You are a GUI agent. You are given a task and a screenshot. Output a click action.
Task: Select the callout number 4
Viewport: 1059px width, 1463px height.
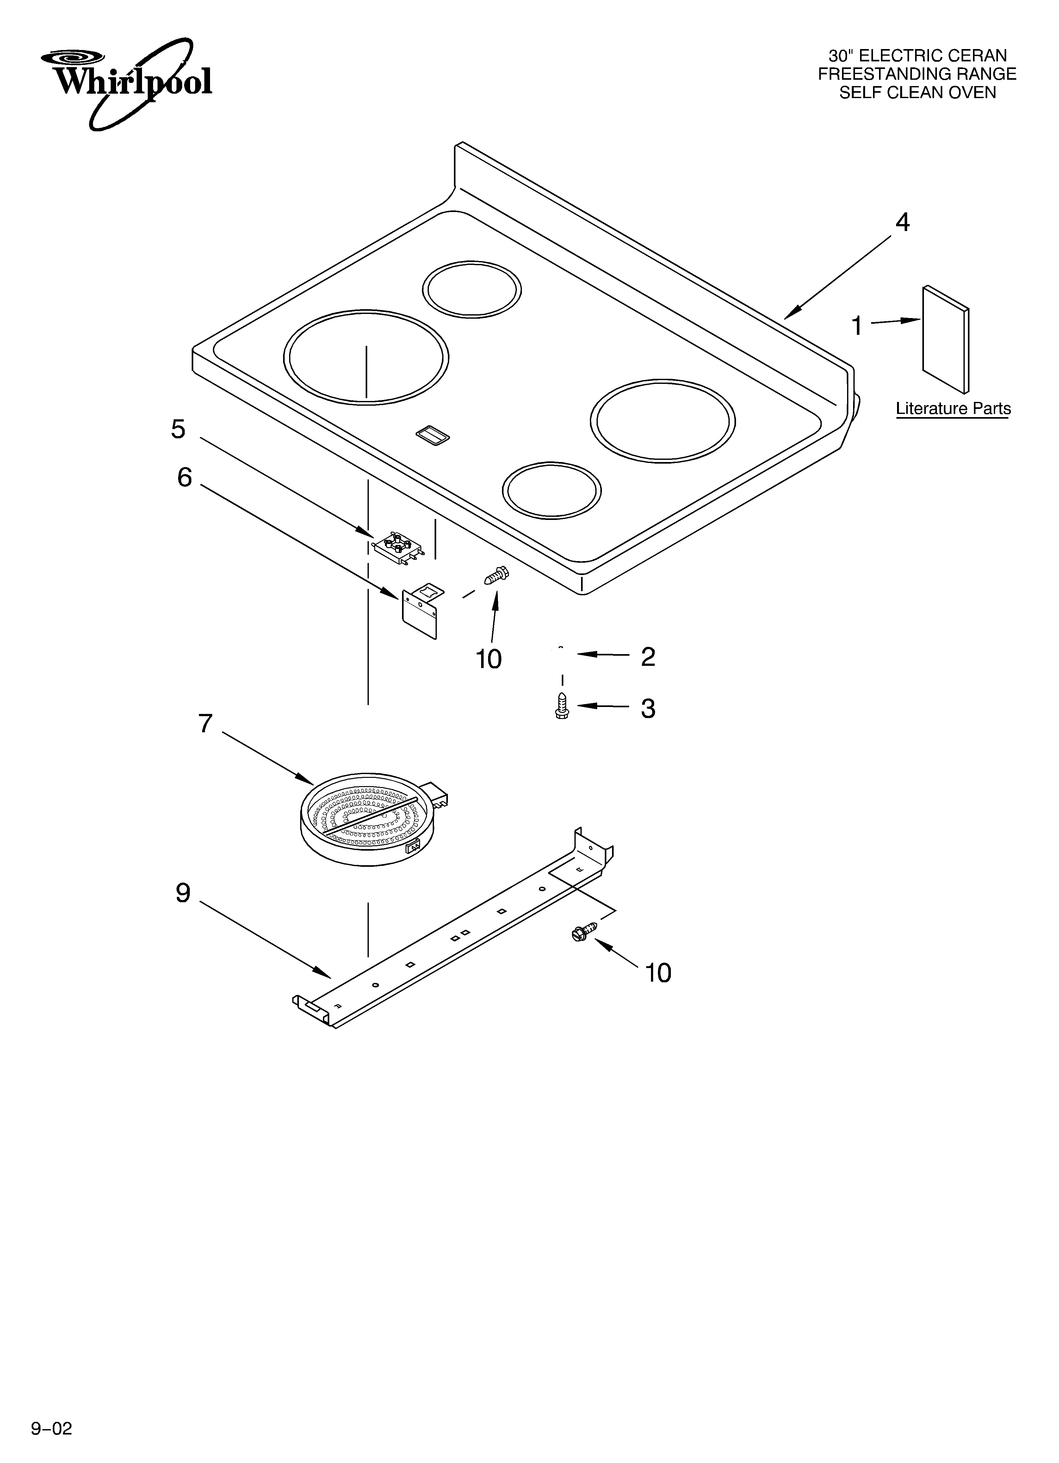click(902, 222)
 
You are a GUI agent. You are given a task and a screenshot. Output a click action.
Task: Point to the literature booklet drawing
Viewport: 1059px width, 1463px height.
click(945, 339)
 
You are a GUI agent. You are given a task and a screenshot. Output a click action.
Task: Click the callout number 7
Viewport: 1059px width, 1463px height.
click(205, 724)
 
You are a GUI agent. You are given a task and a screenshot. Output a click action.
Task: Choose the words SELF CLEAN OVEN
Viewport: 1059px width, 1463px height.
click(917, 93)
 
